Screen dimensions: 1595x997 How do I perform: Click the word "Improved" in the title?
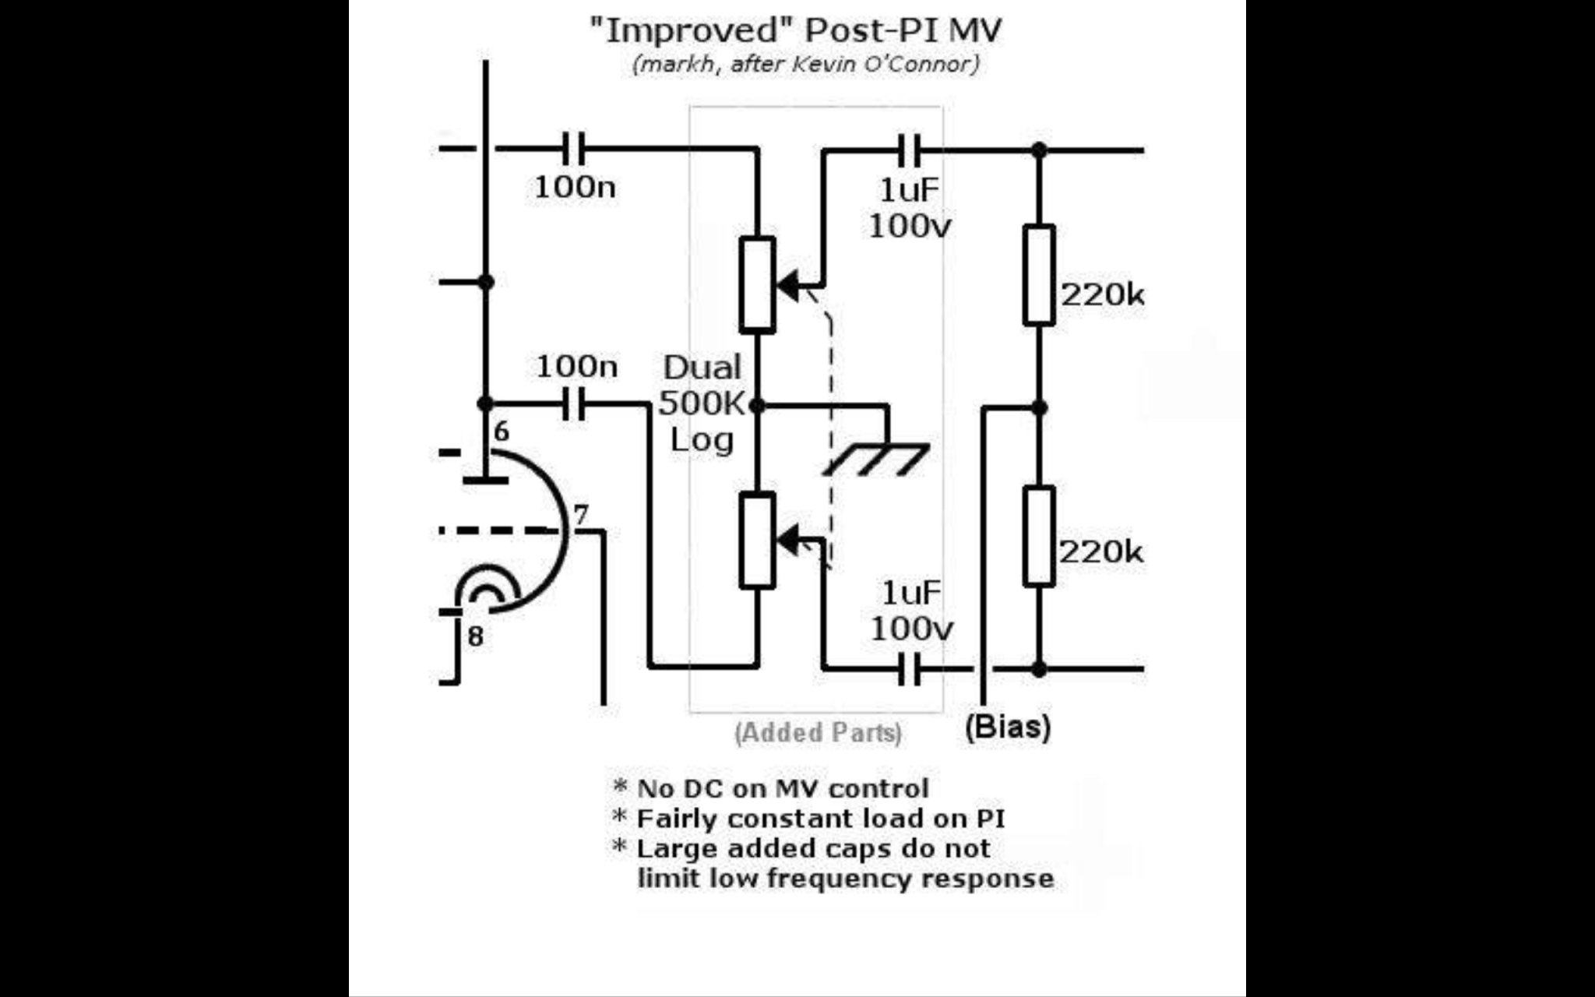point(694,30)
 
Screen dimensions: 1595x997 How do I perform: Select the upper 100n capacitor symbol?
point(574,148)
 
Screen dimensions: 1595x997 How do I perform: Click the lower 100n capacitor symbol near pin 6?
point(574,404)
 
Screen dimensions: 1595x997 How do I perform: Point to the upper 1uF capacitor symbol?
point(909,150)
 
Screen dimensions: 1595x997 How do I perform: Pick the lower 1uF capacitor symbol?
point(909,668)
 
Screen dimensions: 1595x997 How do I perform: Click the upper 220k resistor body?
point(1039,274)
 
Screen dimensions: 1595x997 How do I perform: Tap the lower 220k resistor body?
point(1039,536)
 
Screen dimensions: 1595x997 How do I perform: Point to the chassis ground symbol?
point(876,459)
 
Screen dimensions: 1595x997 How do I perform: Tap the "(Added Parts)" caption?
point(818,733)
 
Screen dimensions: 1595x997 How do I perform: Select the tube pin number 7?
point(581,515)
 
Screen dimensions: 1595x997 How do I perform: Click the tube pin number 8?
point(475,637)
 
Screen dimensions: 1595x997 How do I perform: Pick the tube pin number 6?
point(502,431)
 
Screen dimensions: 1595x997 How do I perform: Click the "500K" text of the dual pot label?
point(702,403)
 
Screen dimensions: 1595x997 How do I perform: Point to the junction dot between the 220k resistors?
point(1039,407)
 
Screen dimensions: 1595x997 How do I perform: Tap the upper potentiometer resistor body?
point(757,284)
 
